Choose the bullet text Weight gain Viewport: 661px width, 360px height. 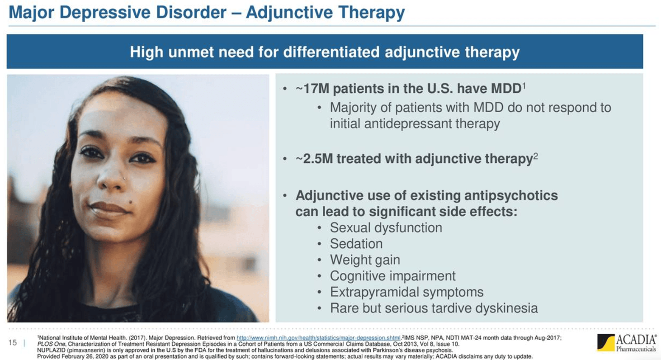tap(365, 260)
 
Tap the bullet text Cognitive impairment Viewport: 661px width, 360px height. tap(392, 276)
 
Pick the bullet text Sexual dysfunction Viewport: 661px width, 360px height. tap(386, 227)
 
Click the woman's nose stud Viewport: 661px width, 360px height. tap(125, 179)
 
